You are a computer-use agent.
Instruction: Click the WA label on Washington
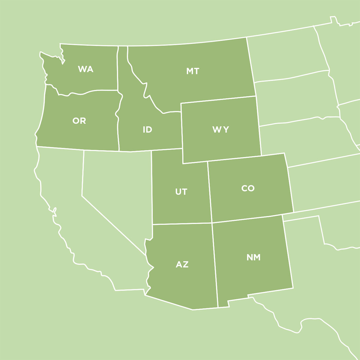click(x=85, y=69)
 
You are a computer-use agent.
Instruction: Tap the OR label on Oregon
click(x=79, y=121)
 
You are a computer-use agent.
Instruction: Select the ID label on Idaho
click(x=147, y=130)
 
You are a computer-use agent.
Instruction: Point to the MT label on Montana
click(x=193, y=71)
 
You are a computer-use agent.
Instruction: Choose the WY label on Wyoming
click(x=220, y=130)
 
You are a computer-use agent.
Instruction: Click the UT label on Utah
click(x=181, y=192)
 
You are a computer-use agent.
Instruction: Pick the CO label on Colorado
click(x=248, y=188)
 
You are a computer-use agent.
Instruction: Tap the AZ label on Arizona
click(x=182, y=265)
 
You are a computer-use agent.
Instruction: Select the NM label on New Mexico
click(x=253, y=257)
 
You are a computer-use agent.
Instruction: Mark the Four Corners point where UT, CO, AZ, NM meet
click(x=212, y=223)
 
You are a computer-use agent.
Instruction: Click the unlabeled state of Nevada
click(x=117, y=186)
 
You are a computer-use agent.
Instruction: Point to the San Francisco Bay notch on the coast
click(x=54, y=211)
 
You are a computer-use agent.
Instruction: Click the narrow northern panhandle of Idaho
click(x=122, y=66)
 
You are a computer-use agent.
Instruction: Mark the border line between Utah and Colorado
click(x=210, y=192)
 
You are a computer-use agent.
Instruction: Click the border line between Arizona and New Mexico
click(x=215, y=264)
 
